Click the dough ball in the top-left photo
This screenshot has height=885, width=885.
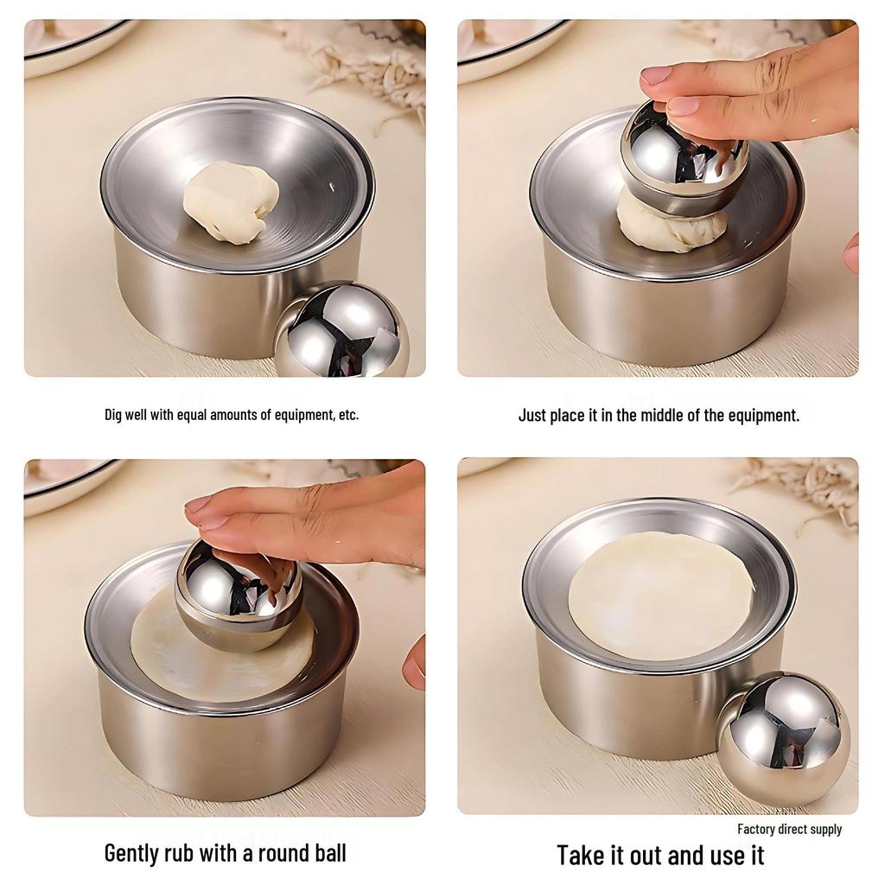click(x=231, y=201)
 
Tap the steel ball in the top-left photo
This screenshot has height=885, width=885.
click(x=341, y=333)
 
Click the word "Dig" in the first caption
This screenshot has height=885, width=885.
click(x=115, y=415)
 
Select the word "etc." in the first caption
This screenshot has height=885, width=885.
click(x=348, y=415)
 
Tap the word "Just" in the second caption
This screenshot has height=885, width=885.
click(x=532, y=415)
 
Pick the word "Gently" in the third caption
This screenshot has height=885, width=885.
click(x=131, y=854)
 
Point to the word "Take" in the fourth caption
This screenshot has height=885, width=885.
click(x=581, y=856)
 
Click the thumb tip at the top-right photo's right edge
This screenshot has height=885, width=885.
click(x=851, y=252)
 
